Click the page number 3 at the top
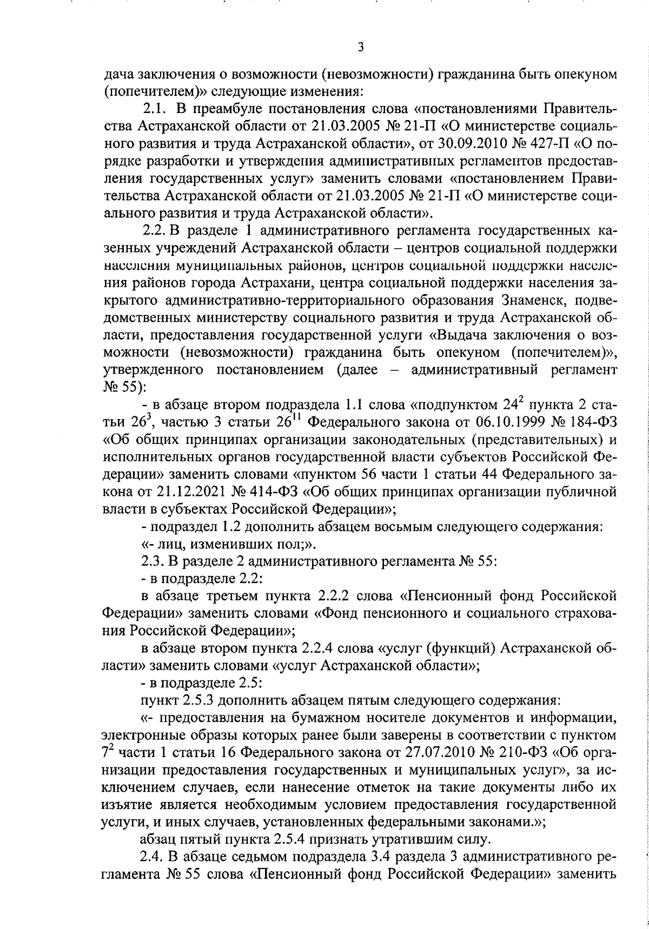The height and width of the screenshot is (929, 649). tap(361, 48)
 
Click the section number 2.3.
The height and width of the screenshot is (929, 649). tap(152, 561)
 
